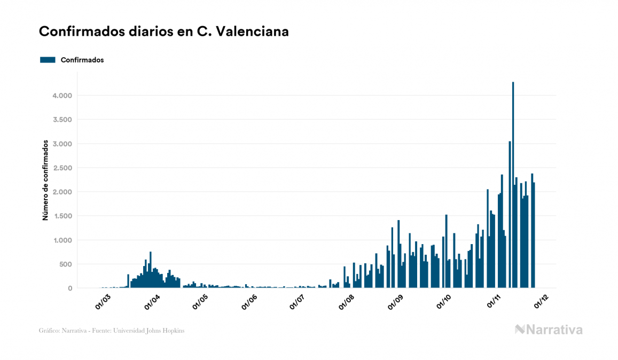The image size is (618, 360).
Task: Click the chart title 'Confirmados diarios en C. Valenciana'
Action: click(x=164, y=32)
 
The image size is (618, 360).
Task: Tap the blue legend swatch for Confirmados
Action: click(x=48, y=60)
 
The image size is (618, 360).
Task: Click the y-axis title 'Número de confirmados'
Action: click(x=46, y=180)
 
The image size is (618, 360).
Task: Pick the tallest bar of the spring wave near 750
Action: click(x=151, y=270)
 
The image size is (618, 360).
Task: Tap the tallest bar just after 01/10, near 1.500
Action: click(x=446, y=251)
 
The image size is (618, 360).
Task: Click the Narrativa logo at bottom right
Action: click(x=549, y=330)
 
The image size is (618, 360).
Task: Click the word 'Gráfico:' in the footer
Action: click(x=50, y=331)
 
